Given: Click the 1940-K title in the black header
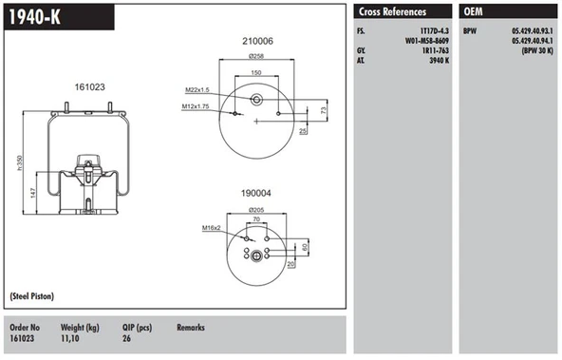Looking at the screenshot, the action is tap(34, 17).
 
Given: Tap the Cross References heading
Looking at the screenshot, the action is tap(392, 11).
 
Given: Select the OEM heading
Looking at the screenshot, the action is tap(473, 11).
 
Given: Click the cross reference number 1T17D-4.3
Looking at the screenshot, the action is tap(435, 30).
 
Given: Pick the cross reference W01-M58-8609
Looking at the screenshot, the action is tap(427, 41).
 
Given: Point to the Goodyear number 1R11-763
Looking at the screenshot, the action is tap(436, 50).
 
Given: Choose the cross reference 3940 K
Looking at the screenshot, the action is tap(439, 60).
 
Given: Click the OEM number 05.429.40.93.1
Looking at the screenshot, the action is tap(533, 30).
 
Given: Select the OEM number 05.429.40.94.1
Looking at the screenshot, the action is tap(533, 41).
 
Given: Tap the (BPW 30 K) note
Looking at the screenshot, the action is tap(537, 50).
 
